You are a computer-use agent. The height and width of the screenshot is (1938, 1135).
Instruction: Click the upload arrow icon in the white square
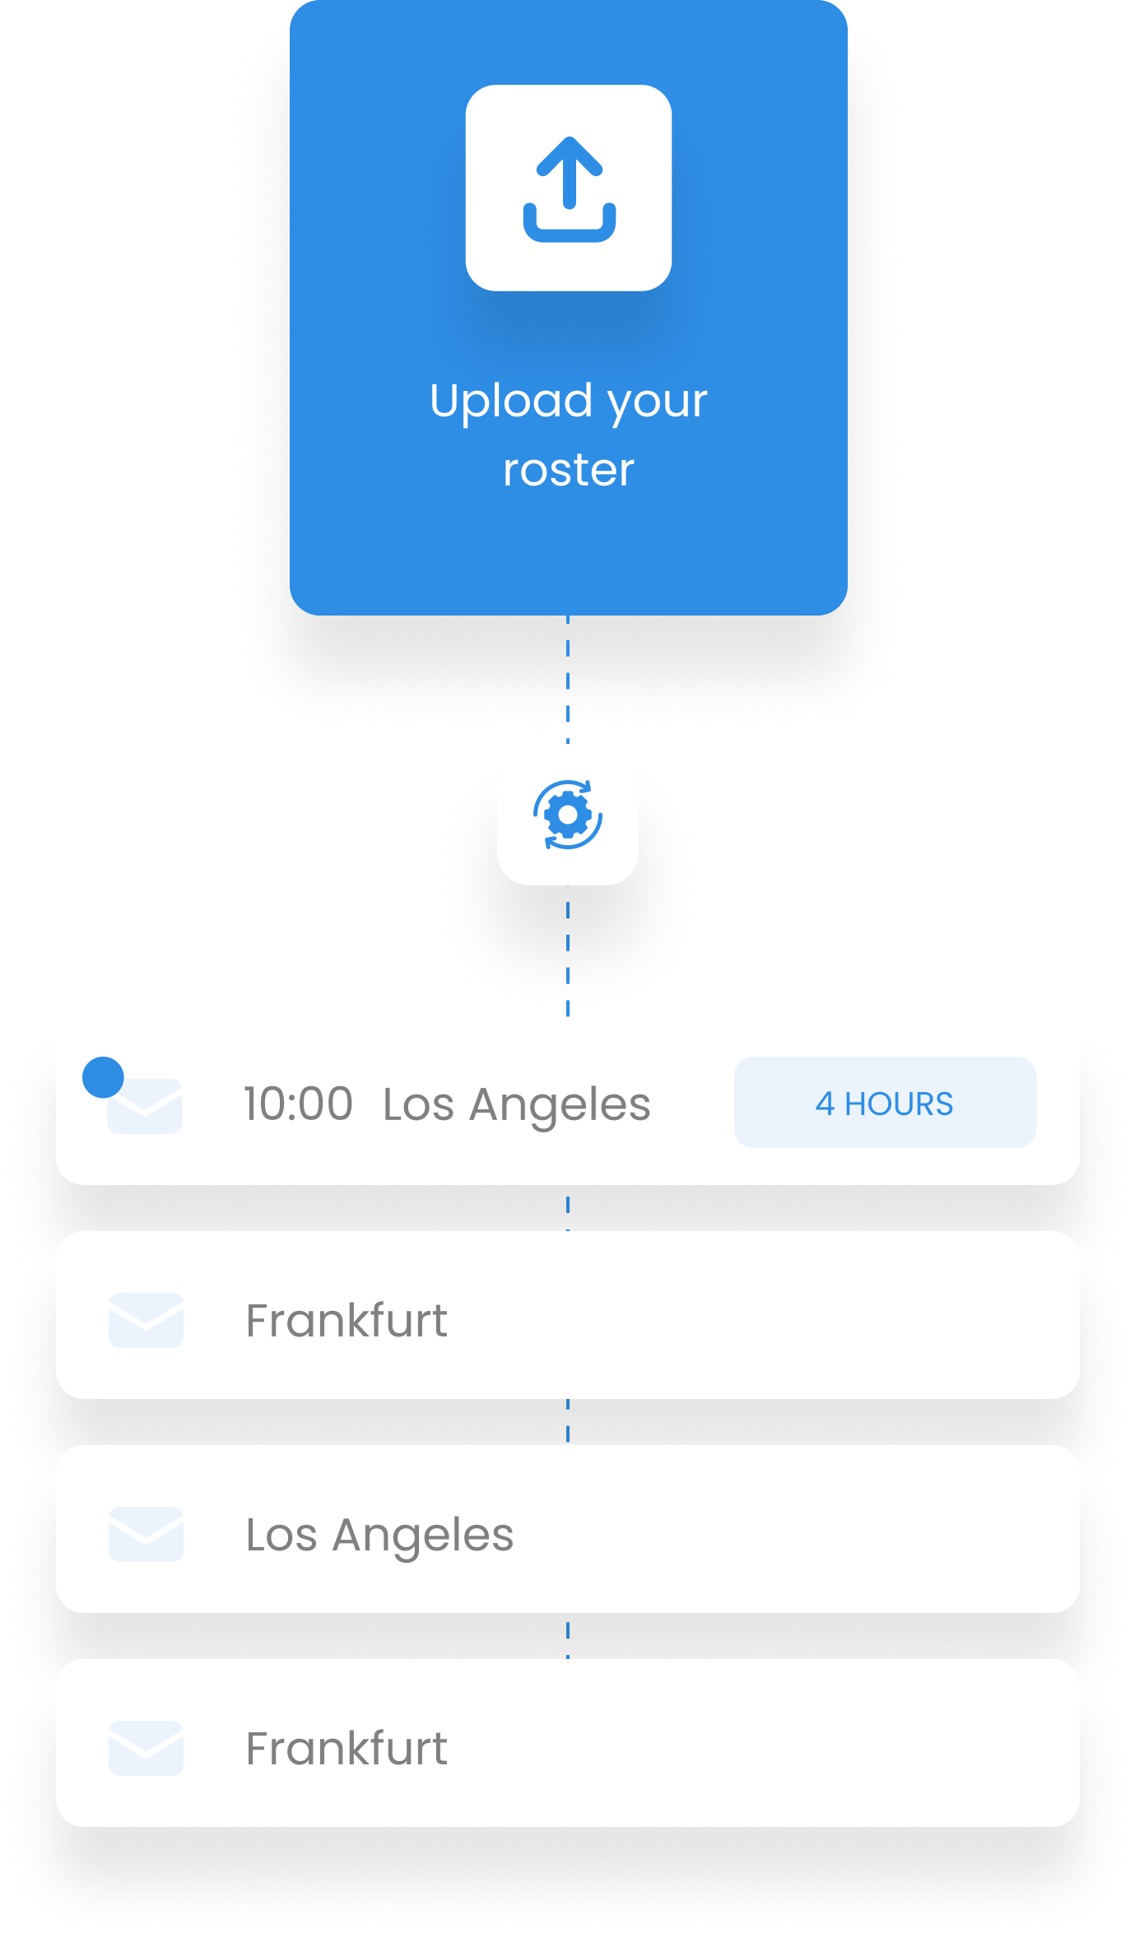coord(569,189)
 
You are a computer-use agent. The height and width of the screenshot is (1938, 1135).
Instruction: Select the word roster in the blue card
coord(569,471)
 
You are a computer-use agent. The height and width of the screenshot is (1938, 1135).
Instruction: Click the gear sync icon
coord(568,815)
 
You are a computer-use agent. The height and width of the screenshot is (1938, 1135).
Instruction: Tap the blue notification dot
coord(103,1077)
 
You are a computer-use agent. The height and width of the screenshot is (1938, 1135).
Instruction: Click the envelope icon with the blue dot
coord(145,1106)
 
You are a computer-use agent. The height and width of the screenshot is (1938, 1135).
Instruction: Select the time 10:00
coord(299,1104)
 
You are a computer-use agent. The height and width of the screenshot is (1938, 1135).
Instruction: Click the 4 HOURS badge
coord(885,1103)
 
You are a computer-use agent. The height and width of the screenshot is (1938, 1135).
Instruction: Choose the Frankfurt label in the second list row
coord(347,1320)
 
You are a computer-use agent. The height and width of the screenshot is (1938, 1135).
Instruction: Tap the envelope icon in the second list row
coord(146,1320)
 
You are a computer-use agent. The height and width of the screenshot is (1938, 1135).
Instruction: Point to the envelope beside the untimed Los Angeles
coord(146,1534)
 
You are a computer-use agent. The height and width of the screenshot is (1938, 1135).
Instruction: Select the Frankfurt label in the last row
coord(347,1748)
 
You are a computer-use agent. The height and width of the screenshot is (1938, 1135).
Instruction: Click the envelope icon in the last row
coord(146,1748)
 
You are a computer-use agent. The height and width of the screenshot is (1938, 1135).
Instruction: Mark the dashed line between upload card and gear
coord(568,679)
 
